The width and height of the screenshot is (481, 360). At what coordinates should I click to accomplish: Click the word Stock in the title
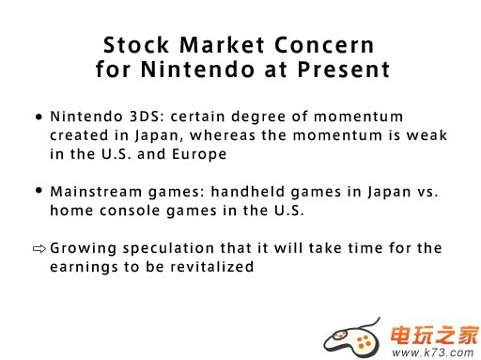pyautogui.click(x=136, y=45)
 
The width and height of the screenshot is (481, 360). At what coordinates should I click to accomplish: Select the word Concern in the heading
pyautogui.click(x=324, y=45)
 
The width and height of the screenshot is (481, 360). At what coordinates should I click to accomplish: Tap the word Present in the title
pyautogui.click(x=344, y=70)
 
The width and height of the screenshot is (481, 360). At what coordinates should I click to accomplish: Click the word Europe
pyautogui.click(x=199, y=154)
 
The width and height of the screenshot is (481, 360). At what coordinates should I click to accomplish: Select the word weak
pyautogui.click(x=427, y=135)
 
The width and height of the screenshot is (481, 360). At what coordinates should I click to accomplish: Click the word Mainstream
pyautogui.click(x=96, y=192)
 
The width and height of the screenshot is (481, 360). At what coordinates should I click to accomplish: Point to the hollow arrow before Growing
pyautogui.click(x=39, y=249)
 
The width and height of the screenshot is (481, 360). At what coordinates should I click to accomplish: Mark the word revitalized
pyautogui.click(x=211, y=267)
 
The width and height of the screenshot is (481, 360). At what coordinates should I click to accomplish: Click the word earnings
pyautogui.click(x=84, y=268)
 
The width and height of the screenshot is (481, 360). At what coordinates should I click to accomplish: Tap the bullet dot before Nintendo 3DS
pyautogui.click(x=39, y=117)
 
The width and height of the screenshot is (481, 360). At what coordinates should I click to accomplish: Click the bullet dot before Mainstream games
pyautogui.click(x=39, y=191)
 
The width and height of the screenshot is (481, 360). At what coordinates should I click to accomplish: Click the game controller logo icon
pyautogui.click(x=352, y=337)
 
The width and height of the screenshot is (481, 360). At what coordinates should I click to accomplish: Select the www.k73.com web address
pyautogui.click(x=432, y=352)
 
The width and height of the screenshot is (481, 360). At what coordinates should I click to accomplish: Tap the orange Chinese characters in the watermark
pyautogui.click(x=435, y=336)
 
